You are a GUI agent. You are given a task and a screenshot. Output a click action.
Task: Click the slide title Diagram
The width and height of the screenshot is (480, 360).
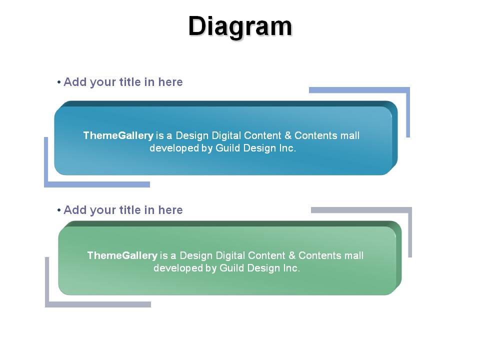pos(240,26)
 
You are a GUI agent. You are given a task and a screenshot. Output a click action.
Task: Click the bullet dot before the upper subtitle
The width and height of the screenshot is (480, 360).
pos(59,82)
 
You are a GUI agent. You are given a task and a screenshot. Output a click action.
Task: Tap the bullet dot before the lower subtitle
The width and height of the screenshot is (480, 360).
pos(59,210)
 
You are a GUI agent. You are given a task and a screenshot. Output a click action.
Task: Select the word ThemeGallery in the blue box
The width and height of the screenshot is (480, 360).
pos(118,135)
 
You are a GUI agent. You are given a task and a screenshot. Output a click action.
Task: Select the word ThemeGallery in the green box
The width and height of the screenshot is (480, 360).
pos(122,255)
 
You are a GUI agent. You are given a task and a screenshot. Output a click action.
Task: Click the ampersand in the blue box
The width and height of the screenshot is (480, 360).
pos(288,135)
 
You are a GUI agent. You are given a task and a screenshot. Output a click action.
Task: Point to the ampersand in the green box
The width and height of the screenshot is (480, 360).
pos(291,255)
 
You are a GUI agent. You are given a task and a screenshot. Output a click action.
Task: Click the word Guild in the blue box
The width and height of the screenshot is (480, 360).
pos(228,148)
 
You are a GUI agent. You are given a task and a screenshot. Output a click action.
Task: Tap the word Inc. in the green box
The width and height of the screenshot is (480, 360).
pos(291,268)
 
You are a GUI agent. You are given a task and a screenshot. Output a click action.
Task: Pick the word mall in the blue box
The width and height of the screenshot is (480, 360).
pos(350,135)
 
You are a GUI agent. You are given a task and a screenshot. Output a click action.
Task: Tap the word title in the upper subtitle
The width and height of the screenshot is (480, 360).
pos(130,82)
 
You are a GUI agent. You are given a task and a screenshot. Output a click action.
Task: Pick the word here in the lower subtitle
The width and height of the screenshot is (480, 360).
pos(170,210)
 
